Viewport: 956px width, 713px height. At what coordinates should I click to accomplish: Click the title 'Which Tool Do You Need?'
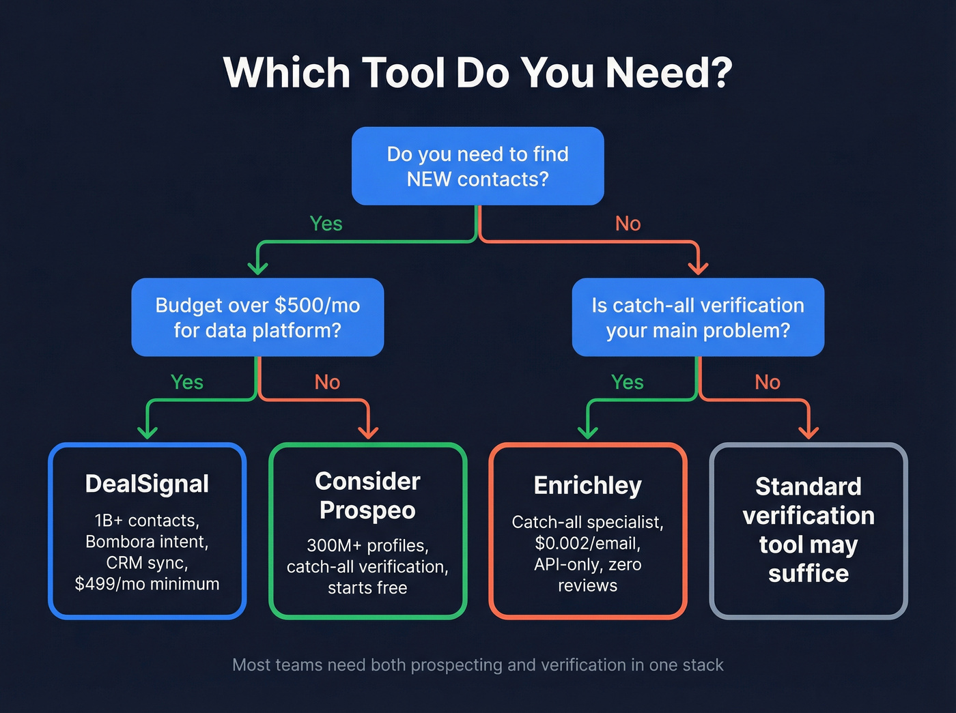pos(477,72)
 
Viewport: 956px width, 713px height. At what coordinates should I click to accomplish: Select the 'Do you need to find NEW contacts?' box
pos(477,166)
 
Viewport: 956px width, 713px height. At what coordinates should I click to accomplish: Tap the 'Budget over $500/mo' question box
pos(257,317)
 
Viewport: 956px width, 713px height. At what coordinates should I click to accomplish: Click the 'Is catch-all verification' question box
pos(697,317)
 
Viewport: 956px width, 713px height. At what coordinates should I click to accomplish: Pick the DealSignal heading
pos(147,484)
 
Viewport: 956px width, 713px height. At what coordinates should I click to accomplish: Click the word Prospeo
pos(367,510)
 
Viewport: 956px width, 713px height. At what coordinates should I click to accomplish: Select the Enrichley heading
pos(587,485)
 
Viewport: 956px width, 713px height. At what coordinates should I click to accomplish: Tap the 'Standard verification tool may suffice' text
pos(809,529)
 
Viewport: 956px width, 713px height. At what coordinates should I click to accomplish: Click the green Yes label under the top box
pos(326,224)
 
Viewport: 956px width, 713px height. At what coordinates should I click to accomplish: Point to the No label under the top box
pos(628,224)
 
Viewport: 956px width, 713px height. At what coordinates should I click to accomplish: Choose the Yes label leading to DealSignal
pos(186,382)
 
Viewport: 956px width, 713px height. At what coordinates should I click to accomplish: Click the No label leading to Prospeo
pos(327,382)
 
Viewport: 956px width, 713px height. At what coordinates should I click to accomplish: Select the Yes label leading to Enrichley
pos(627,382)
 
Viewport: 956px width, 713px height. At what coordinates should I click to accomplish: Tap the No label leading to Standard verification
pos(767,382)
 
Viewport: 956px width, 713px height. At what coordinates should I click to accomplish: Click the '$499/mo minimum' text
pos(147,584)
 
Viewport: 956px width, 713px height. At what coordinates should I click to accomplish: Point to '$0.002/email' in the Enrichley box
pos(587,544)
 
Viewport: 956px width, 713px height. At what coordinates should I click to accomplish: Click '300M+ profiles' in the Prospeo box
pos(367,546)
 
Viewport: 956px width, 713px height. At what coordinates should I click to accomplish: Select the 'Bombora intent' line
pos(147,542)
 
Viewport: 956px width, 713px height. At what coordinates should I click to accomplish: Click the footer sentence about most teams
pos(477,665)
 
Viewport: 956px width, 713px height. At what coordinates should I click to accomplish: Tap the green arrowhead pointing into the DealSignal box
pos(147,432)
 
